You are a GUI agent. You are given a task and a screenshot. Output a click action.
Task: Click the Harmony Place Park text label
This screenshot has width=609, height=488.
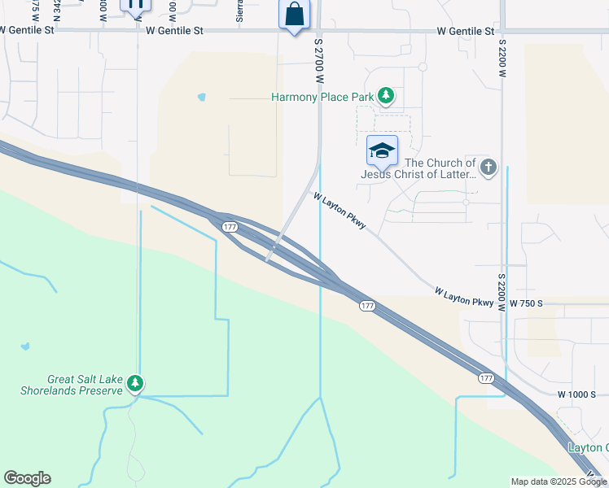coord(322,98)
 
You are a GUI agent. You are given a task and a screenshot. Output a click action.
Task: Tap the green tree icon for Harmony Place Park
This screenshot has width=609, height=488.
coord(386,97)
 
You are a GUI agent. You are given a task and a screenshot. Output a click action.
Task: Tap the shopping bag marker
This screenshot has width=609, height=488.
coord(294,15)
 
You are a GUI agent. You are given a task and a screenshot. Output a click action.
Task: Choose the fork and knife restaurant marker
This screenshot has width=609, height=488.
coord(135,4)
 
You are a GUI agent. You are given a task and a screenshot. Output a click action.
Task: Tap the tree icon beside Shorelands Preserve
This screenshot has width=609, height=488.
coord(137,383)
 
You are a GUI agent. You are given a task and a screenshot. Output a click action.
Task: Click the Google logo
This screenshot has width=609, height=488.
coord(27,478)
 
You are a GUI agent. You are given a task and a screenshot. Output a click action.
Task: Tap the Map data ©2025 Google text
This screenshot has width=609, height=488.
coord(559,481)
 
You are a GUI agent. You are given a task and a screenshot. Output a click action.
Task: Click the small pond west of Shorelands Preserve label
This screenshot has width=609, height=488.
coord(25,346)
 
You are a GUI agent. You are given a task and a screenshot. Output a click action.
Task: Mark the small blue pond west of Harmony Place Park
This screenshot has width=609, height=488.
coord(201,98)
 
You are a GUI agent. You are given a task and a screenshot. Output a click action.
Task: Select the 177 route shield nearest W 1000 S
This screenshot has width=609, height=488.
coord(486,378)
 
